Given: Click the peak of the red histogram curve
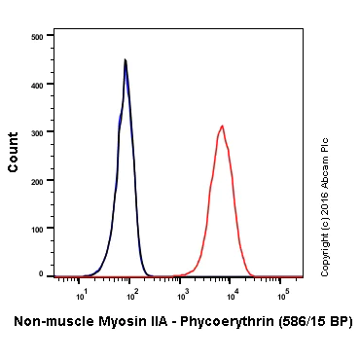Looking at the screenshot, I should pyautogui.click(x=223, y=126).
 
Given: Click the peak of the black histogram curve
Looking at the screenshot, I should pyautogui.click(x=126, y=60).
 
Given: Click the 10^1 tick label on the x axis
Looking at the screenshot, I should pyautogui.click(x=83, y=290).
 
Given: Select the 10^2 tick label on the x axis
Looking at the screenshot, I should pyautogui.click(x=132, y=290).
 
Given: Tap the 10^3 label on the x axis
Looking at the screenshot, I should pyautogui.click(x=182, y=290).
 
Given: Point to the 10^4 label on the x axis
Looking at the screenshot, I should pyautogui.click(x=232, y=290).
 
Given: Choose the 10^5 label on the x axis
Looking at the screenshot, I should pyautogui.click(x=281, y=290).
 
